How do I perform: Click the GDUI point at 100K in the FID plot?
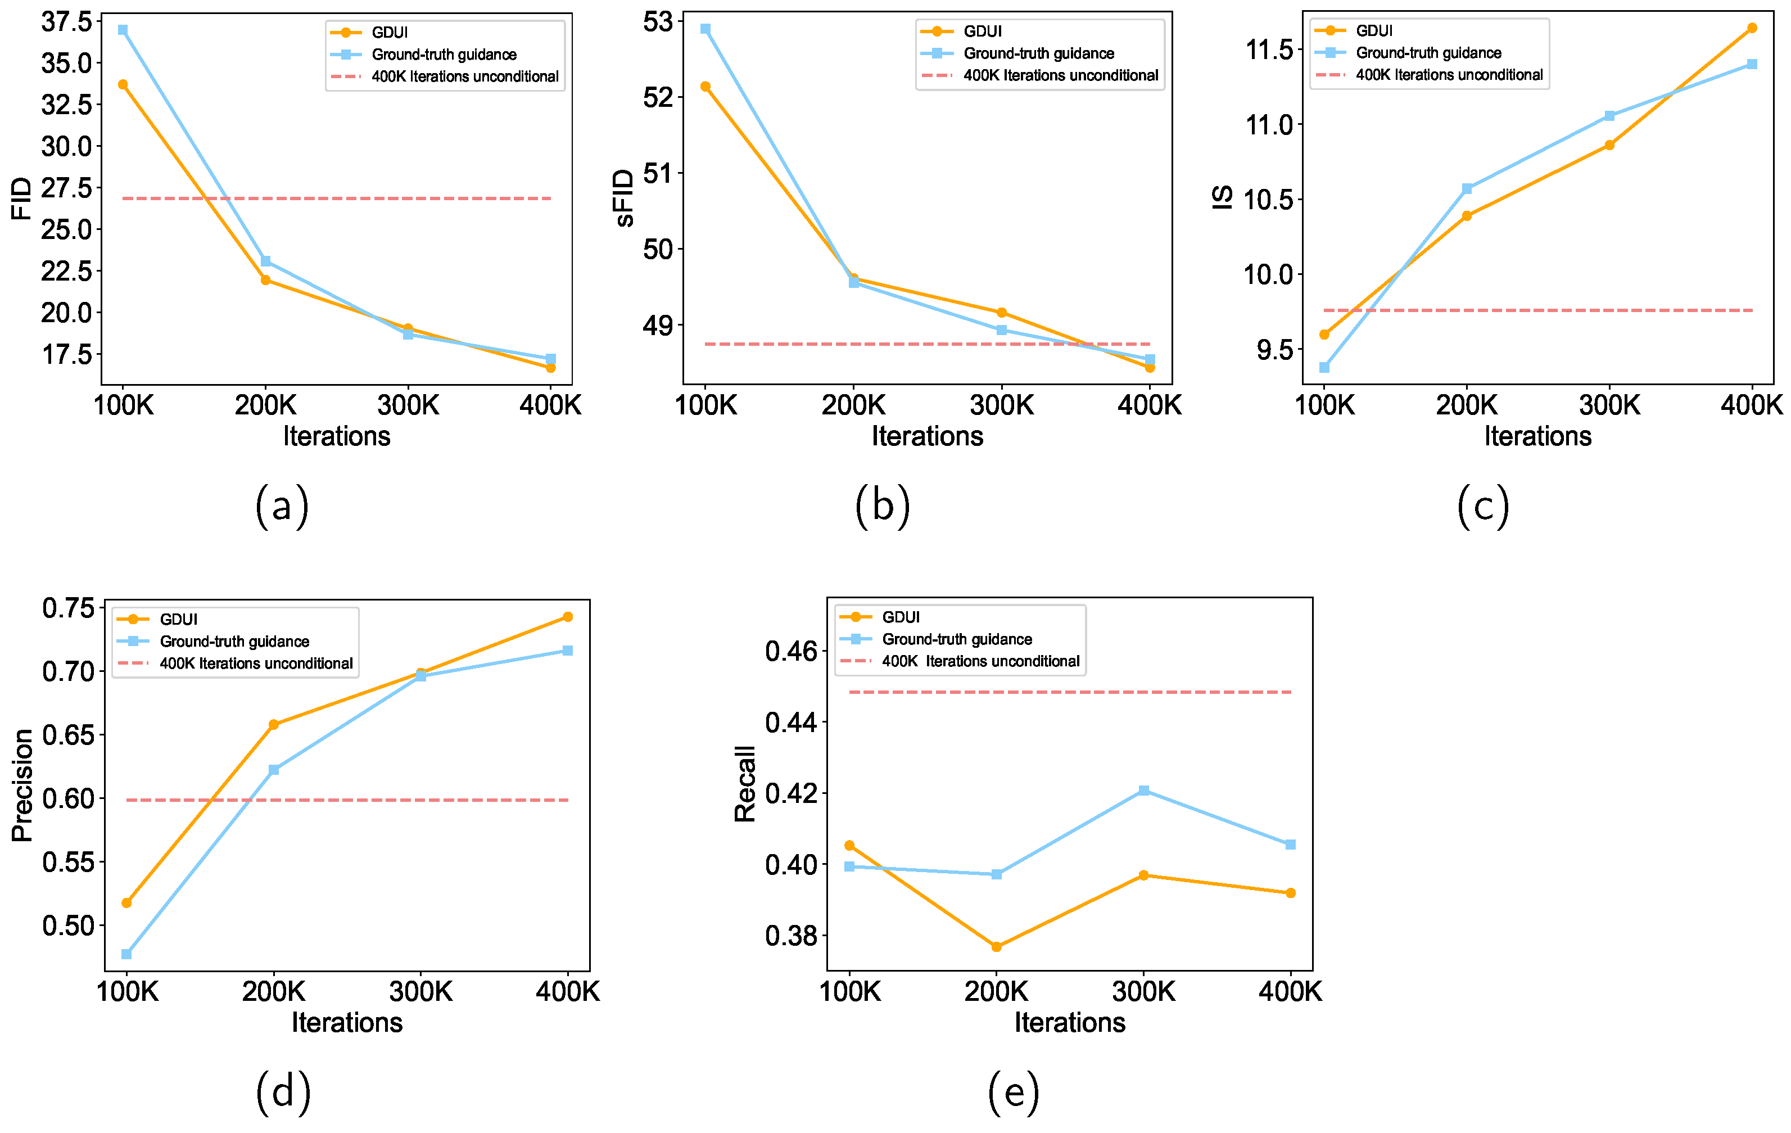[x=123, y=85]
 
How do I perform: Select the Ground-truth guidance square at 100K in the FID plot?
[x=123, y=30]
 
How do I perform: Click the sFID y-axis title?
[x=624, y=198]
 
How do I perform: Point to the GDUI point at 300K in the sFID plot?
[x=1001, y=313]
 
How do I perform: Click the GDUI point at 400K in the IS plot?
[x=1752, y=28]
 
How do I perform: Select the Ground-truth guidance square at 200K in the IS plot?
[x=1467, y=189]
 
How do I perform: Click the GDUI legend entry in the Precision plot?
[x=179, y=619]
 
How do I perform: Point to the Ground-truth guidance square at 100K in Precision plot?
[x=126, y=954]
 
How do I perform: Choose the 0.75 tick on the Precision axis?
[x=69, y=608]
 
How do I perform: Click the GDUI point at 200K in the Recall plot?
[x=997, y=947]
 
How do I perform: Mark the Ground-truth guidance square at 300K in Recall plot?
[x=1144, y=791]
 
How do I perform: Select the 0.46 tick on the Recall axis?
[x=792, y=652]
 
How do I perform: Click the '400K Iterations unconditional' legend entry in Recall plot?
[x=980, y=661]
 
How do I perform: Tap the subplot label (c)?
[x=1482, y=506]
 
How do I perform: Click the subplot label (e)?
[x=1013, y=1092]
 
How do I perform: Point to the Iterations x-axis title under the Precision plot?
[x=347, y=1022]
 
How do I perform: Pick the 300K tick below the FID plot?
[x=408, y=406]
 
